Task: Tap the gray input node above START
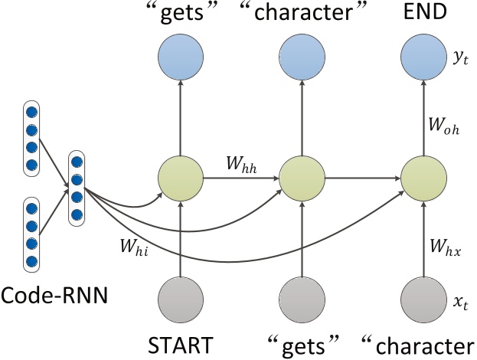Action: pos(181,300)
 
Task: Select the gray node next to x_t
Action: pos(421,300)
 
